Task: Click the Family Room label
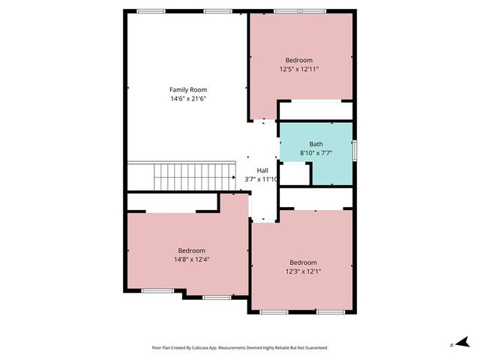coord(187,89)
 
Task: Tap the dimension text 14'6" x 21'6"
coord(187,98)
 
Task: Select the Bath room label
coord(316,144)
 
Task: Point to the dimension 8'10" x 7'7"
coord(316,153)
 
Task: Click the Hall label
coord(262,170)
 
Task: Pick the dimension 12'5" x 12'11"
coord(299,69)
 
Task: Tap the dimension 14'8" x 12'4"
coord(191,259)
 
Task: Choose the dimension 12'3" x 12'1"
coord(303,271)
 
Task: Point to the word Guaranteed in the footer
coord(313,348)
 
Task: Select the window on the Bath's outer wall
coord(354,148)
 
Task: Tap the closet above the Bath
coord(315,111)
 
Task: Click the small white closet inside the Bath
coord(295,173)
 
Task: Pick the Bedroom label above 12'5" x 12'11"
coord(299,60)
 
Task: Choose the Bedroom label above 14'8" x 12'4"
coord(191,250)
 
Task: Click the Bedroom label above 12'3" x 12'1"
coord(303,262)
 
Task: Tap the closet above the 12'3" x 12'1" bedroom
coord(315,198)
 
